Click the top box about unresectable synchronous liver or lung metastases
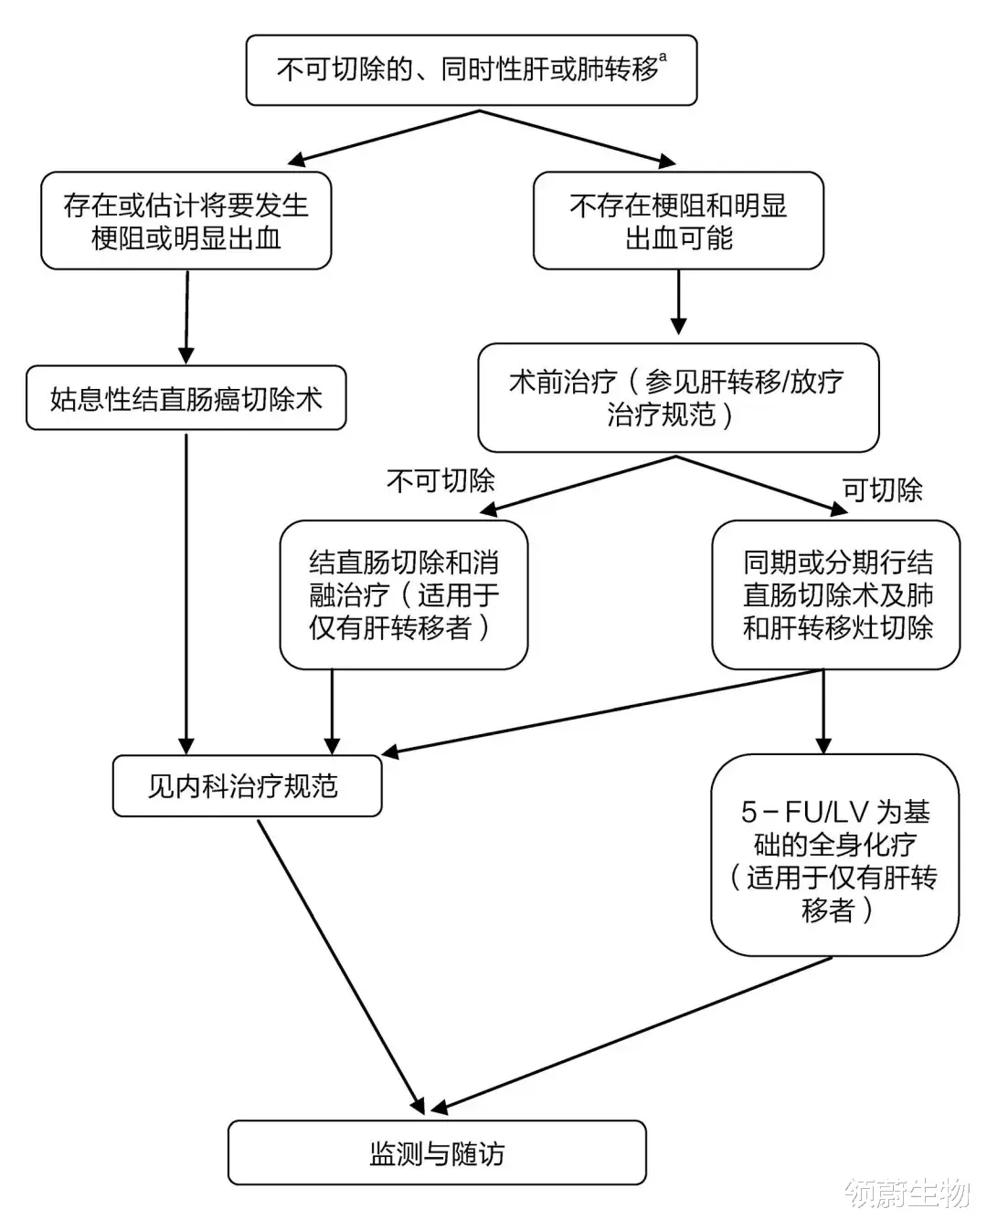point(472,70)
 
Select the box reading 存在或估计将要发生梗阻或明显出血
point(186,221)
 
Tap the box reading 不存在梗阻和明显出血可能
point(678,221)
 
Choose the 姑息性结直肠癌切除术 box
point(186,398)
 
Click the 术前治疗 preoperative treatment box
point(678,397)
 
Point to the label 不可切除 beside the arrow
point(440,480)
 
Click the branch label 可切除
point(882,490)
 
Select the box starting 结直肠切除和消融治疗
point(404,594)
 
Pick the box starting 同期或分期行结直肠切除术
point(836,594)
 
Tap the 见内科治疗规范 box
point(247,785)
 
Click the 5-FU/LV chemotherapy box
point(835,855)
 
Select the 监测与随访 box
point(437,1153)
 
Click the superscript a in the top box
point(663,58)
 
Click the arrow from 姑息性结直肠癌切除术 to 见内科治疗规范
point(186,584)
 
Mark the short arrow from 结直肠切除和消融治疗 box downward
point(332,712)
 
